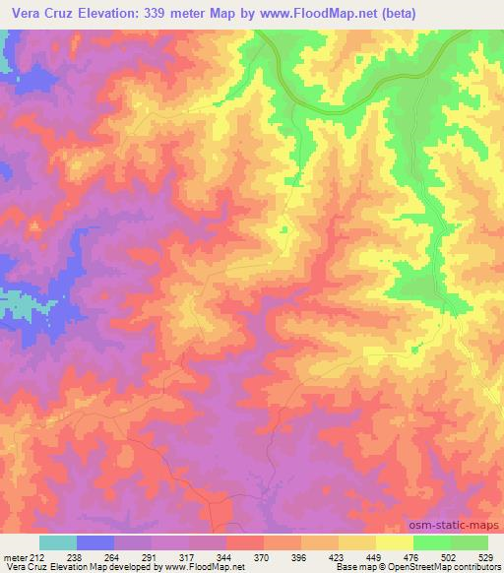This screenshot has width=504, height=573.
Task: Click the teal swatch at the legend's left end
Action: (58, 541)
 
